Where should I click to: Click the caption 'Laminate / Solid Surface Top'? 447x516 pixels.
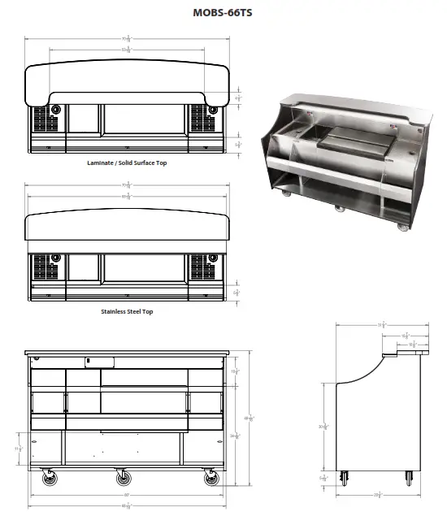(x=127, y=163)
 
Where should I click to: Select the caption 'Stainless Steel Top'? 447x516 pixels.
(x=127, y=311)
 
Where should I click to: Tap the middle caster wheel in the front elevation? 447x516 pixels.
(x=123, y=479)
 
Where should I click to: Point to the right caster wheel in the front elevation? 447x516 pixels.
(x=211, y=479)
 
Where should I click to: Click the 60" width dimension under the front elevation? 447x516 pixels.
(x=127, y=495)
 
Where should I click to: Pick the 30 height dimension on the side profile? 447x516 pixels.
(x=324, y=426)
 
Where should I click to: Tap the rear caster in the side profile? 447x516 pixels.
(x=410, y=477)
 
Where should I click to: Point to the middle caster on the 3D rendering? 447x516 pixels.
(x=338, y=209)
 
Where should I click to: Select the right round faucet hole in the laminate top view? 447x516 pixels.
(x=213, y=109)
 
